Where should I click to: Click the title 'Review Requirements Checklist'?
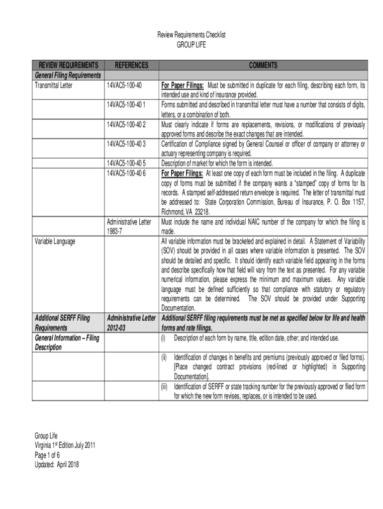point(191,35)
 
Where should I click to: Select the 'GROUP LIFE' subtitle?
point(191,45)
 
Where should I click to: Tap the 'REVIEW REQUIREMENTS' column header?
point(69,65)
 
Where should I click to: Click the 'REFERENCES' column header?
point(131,65)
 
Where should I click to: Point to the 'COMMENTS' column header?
point(263,65)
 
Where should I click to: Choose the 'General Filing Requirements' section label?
point(68,75)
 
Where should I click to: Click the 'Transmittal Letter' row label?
point(53,85)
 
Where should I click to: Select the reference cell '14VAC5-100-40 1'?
point(126,104)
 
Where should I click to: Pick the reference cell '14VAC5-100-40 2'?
point(126,124)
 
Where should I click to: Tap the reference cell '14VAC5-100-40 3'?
point(126,144)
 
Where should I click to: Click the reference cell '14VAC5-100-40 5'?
point(126,163)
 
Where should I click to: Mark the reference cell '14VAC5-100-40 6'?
point(126,173)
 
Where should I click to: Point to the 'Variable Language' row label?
point(55,241)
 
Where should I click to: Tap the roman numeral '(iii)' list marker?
point(164,387)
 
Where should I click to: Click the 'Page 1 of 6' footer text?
point(47,455)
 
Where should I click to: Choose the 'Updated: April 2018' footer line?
point(57,464)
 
